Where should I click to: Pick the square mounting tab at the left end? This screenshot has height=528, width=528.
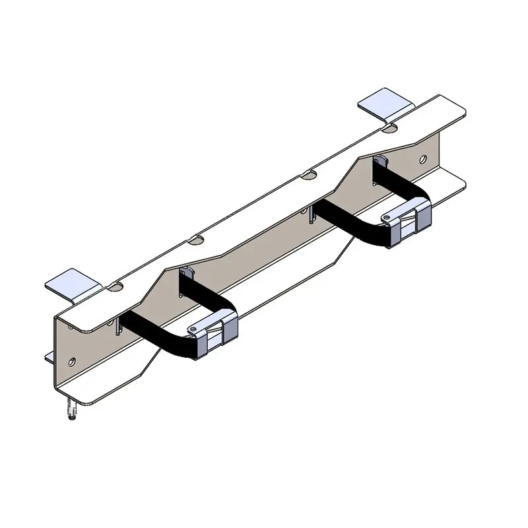pyautogui.click(x=71, y=285)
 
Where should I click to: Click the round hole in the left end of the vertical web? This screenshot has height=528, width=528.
pyautogui.click(x=71, y=361)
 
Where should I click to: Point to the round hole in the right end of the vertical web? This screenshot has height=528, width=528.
pyautogui.click(x=423, y=159)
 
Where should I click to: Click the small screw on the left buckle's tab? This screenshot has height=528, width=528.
pyautogui.click(x=193, y=329)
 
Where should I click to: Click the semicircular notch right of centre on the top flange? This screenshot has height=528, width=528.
pyautogui.click(x=308, y=176)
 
